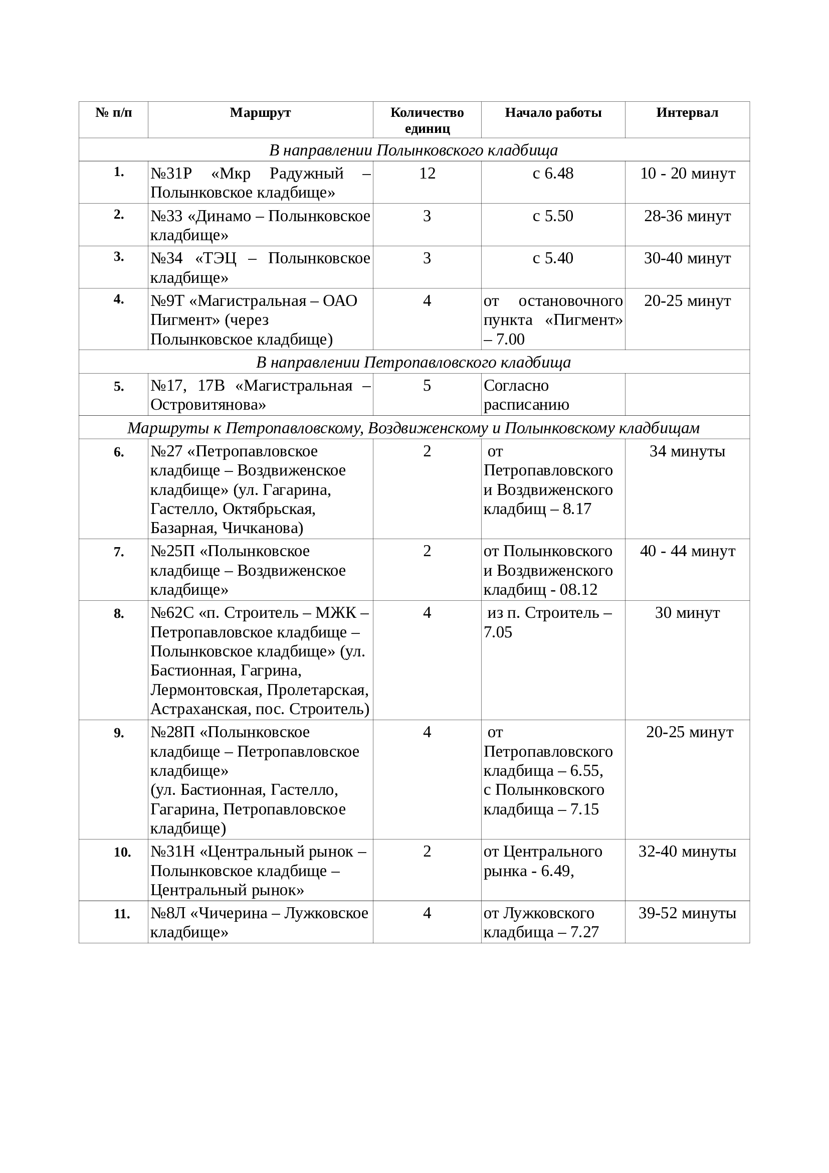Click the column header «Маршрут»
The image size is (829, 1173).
[260, 112]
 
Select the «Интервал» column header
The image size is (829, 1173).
[687, 112]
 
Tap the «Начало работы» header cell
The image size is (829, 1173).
[553, 112]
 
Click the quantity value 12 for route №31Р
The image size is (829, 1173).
[427, 174]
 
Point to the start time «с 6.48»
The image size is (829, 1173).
[553, 174]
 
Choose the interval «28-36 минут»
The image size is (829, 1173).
[687, 216]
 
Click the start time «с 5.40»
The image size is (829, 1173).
[553, 258]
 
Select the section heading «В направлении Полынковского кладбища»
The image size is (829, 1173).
[413, 150]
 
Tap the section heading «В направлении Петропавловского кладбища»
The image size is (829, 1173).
[413, 362]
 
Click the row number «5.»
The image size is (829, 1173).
[119, 387]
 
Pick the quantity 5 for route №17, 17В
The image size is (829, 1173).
[427, 386]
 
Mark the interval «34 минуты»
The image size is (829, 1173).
[687, 451]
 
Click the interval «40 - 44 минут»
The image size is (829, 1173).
[687, 551]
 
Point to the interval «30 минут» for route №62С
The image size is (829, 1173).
[687, 612]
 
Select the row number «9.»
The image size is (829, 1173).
[119, 733]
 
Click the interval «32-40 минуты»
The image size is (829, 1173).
[687, 852]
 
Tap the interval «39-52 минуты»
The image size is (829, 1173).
[687, 913]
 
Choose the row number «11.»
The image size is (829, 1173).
[122, 914]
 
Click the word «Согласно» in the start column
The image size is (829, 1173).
[516, 386]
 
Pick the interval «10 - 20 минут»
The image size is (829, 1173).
[687, 174]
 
